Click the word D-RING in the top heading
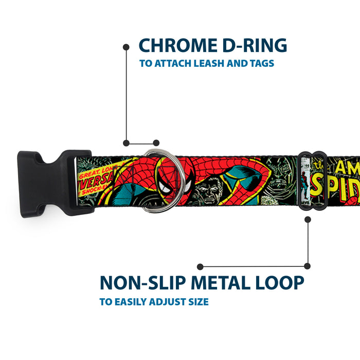(253, 45)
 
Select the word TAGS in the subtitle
(262, 64)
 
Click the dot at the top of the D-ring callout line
(126, 47)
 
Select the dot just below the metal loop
(308, 219)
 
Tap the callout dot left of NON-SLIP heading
(200, 266)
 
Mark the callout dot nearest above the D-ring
(156, 143)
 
